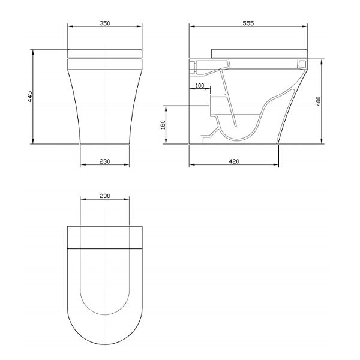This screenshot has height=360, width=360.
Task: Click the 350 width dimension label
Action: pos(104,23)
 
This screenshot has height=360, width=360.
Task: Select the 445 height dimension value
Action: pos(30,97)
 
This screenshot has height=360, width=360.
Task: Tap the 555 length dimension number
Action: pos(248,23)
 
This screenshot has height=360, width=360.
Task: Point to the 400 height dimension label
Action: pos(319,101)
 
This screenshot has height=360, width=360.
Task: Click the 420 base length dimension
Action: pos(234,161)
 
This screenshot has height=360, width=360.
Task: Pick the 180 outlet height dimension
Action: pos(163,125)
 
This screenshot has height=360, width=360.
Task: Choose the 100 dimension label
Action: pos(200,85)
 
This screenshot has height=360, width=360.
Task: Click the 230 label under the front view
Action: pos(104,161)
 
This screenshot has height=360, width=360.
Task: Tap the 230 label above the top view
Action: pos(104,196)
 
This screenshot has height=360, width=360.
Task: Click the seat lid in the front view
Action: pos(104,53)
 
